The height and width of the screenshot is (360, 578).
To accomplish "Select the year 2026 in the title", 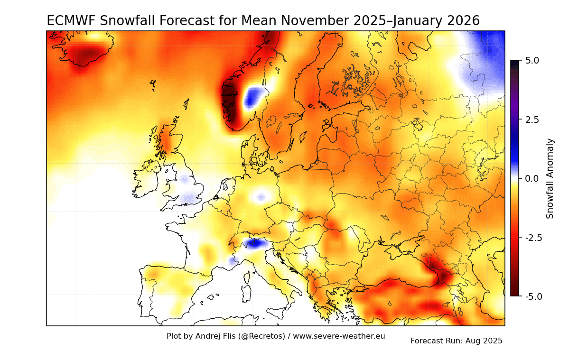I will pos(457,21).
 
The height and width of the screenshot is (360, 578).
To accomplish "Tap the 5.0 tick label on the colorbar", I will pos(532,61).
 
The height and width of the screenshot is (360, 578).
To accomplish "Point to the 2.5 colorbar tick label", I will pos(532,120).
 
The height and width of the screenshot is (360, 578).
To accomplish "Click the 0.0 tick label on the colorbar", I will pos(532,178).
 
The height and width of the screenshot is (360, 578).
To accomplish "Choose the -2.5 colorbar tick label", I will pos(533,237).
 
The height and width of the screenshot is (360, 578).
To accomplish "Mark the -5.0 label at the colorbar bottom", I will pos(533,296).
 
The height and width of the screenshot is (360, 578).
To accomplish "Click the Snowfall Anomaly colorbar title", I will pos(550,178).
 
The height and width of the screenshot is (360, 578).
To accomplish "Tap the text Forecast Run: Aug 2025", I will pos(456,341).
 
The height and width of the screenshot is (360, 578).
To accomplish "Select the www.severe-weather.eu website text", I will pos(339,336).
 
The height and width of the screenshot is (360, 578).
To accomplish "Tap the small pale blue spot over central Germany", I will pos(261,197).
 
